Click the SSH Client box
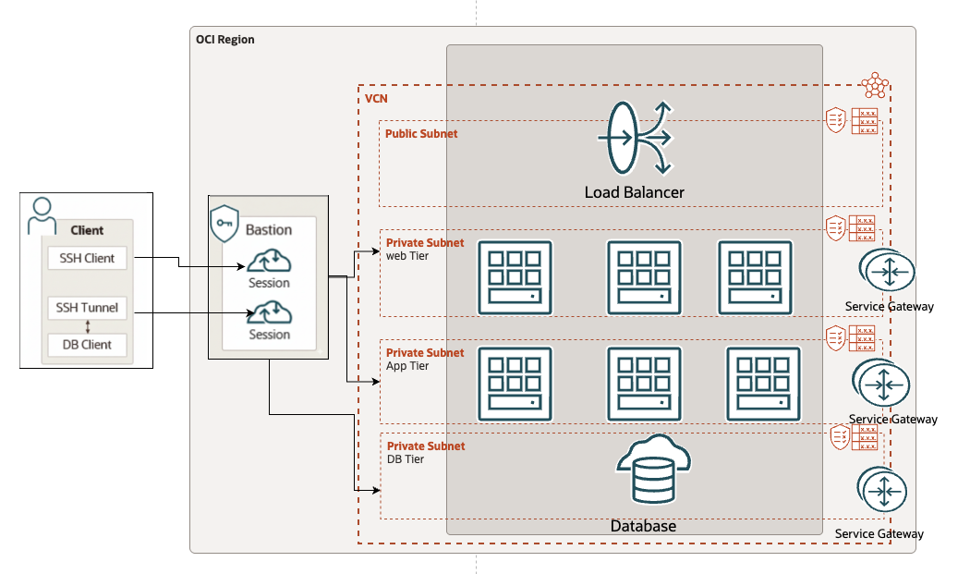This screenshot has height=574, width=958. tap(87, 259)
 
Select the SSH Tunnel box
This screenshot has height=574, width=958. tap(87, 308)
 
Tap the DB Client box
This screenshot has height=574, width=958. tap(87, 345)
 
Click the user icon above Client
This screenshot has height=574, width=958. tap(42, 216)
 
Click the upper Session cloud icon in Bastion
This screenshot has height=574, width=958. tap(269, 261)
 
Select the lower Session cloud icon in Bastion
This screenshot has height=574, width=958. tap(269, 312)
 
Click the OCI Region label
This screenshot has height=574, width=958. tap(224, 40)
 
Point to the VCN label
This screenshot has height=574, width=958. tap(376, 98)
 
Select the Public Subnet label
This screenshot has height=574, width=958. tap(421, 134)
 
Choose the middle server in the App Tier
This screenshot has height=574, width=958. tap(643, 383)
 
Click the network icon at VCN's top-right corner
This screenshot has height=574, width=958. tap(874, 87)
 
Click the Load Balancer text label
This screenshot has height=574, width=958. tap(634, 192)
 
